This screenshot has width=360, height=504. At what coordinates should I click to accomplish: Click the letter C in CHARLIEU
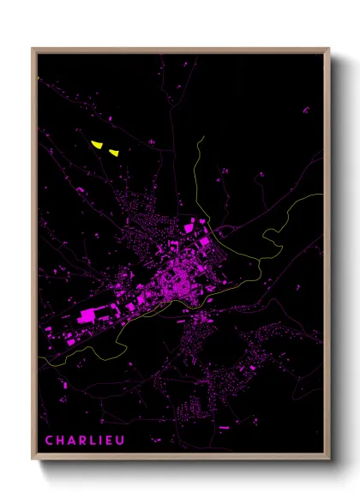tap(50, 441)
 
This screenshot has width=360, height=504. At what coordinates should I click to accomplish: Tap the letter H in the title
tap(61, 441)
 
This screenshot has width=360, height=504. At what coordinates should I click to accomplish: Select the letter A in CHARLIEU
tap(72, 441)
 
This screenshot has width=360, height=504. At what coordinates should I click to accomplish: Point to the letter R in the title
tap(83, 441)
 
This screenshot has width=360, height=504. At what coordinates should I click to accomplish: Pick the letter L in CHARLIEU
tap(93, 441)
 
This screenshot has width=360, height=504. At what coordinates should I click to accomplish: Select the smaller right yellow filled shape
tap(114, 153)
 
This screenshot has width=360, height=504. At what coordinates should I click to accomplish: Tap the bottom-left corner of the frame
tap(33, 459)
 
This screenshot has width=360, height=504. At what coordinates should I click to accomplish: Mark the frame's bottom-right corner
tap(329, 459)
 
